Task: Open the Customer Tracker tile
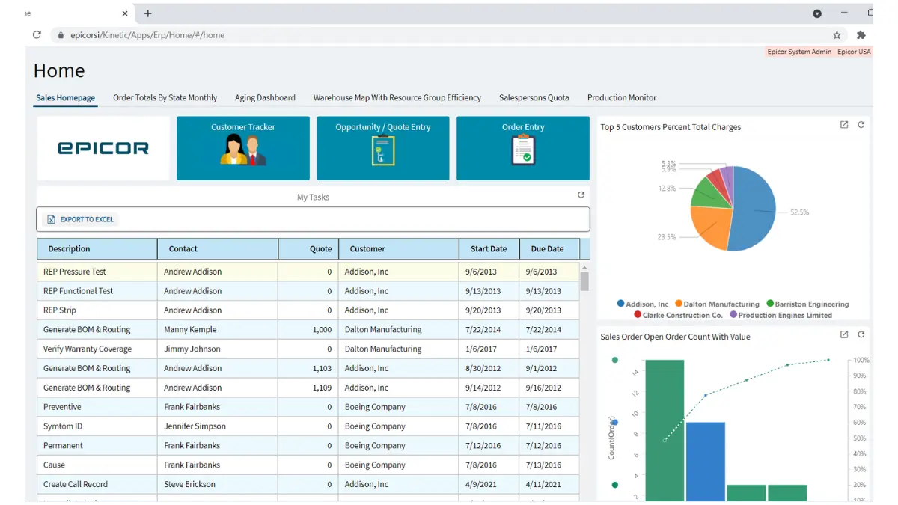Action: [x=242, y=148]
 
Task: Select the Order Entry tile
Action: [x=523, y=148]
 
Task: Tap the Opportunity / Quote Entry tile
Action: [x=382, y=148]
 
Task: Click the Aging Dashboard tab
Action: [x=265, y=97]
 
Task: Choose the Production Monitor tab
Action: [x=621, y=97]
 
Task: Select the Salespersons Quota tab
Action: [x=534, y=97]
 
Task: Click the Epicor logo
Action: [x=103, y=148]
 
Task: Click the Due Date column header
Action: [x=547, y=248]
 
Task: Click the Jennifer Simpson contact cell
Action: [x=195, y=426]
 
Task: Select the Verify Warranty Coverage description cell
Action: [x=88, y=349]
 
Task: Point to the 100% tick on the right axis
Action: [x=861, y=360]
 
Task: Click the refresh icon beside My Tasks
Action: [x=581, y=195]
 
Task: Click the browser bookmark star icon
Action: [x=837, y=35]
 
